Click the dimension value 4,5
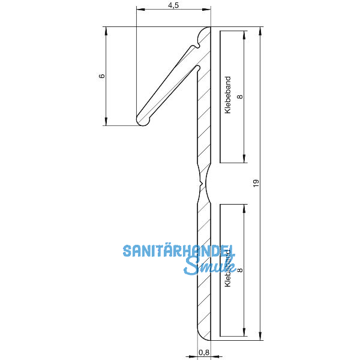[173, 5]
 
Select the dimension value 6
[101, 76]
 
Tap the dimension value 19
[256, 185]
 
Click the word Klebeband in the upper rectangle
[227, 95]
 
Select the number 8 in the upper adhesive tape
[240, 95]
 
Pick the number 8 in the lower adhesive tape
[240, 271]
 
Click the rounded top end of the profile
[206, 31]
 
